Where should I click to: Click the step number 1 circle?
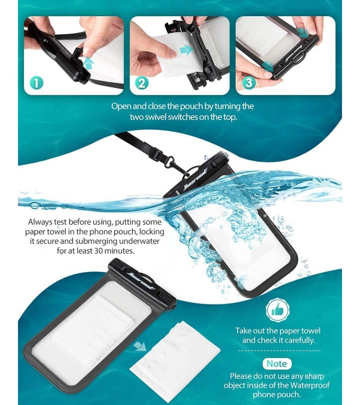coord(36,83)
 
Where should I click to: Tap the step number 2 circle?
coord(142,83)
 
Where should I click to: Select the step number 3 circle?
coord(248,83)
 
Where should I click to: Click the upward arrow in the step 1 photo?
coord(88,63)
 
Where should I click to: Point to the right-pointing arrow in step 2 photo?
coord(186,49)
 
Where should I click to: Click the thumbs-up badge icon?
coord(278,310)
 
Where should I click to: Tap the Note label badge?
coord(277,364)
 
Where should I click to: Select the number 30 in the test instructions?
coord(99,251)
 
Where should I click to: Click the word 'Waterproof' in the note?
coord(310,385)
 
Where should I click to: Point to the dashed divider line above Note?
coord(279,351)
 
